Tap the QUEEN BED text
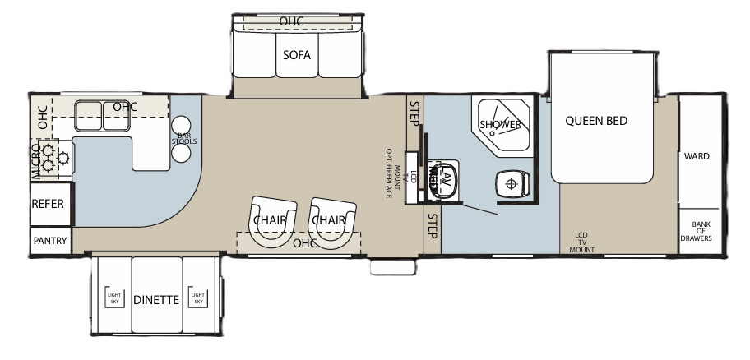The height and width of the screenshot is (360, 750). pos(596,121)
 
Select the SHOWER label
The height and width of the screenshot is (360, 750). pos(500,125)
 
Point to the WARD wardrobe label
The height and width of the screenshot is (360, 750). pos(696,156)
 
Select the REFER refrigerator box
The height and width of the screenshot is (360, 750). pos(48,205)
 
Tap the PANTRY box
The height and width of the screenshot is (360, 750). pos(49,241)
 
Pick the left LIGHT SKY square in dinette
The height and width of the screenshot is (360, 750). pos(113,298)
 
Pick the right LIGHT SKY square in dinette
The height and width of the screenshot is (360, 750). pos(197,298)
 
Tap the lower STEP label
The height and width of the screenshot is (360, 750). pos(431,226)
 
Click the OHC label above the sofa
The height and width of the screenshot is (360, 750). pos(291,21)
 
